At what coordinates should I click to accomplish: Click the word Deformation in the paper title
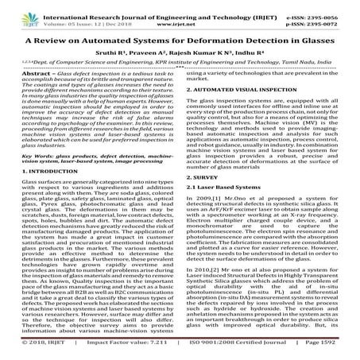pyautogui.click(x=216, y=37)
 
